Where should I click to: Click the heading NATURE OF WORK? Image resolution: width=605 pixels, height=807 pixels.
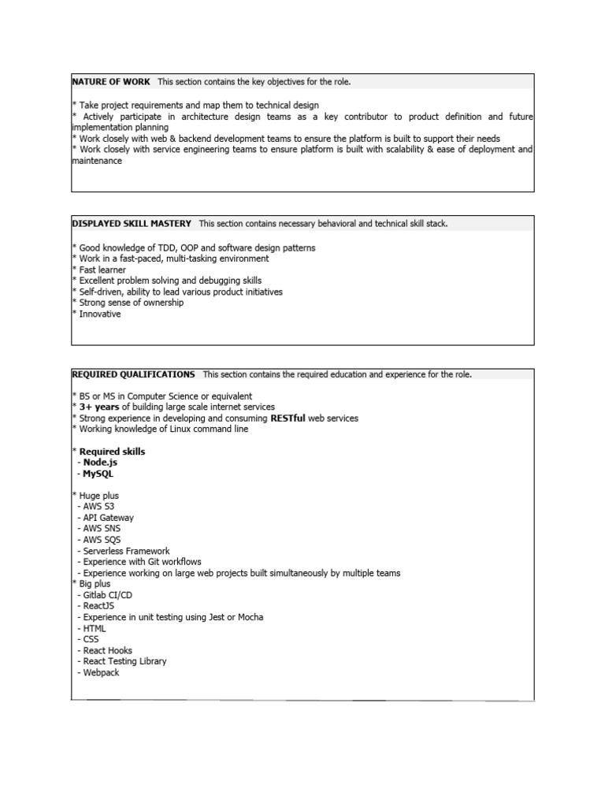pos(111,82)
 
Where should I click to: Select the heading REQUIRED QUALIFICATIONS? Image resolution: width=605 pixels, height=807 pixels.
pos(133,374)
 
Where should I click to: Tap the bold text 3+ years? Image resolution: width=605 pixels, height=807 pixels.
pos(99,407)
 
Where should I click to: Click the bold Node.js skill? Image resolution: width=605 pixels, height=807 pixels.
pos(102,463)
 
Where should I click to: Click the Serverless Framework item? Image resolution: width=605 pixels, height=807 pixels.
pos(126,551)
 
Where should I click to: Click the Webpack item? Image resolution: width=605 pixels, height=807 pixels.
pos(102,672)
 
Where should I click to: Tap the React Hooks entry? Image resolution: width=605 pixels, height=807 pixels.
pos(108,650)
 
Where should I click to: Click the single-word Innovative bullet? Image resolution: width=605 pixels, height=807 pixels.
pos(100,314)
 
